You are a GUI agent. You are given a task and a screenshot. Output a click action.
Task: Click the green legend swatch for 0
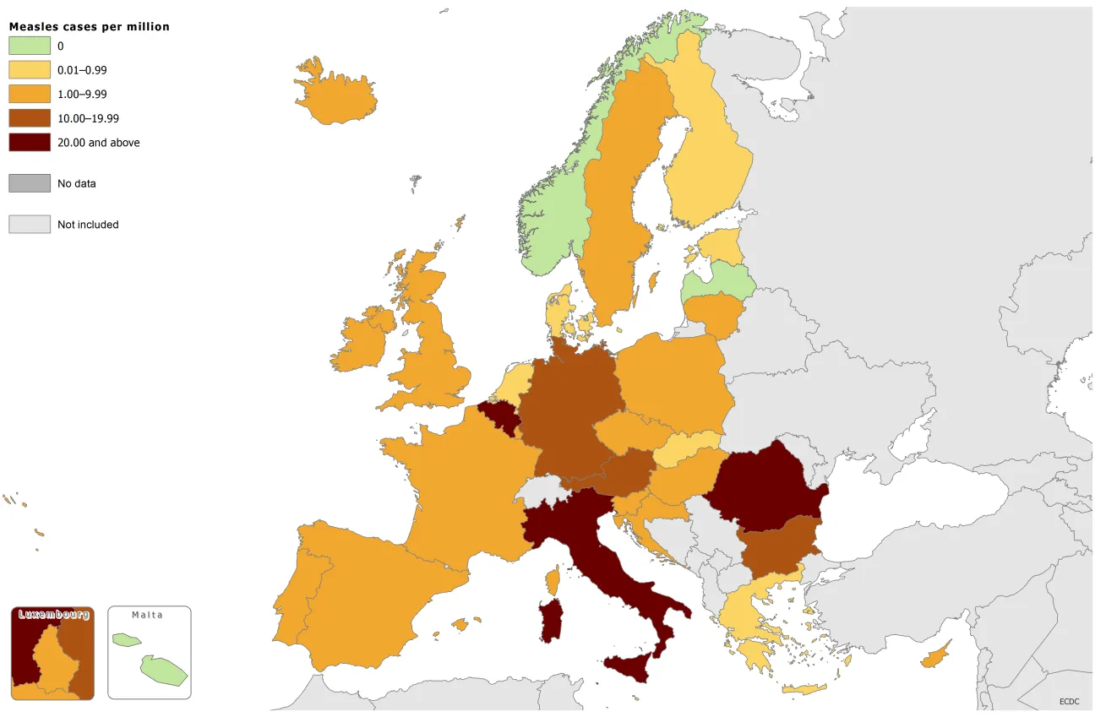click(30, 46)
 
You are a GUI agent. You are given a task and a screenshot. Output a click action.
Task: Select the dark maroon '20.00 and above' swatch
click(30, 143)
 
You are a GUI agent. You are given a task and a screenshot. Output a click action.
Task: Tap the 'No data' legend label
click(77, 183)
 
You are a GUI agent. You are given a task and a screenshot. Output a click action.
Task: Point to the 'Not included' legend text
click(88, 225)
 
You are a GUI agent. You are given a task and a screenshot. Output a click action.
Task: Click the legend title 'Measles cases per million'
click(89, 27)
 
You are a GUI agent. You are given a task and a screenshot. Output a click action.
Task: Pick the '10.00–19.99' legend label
click(88, 119)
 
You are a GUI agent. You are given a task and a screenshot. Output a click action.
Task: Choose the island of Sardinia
click(551, 621)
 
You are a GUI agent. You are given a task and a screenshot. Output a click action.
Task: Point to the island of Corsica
click(553, 580)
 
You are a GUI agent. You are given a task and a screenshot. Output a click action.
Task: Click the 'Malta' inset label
click(148, 615)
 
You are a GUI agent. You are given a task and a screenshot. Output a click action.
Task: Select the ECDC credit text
click(1070, 701)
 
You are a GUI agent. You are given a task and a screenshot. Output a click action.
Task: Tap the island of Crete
click(803, 689)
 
